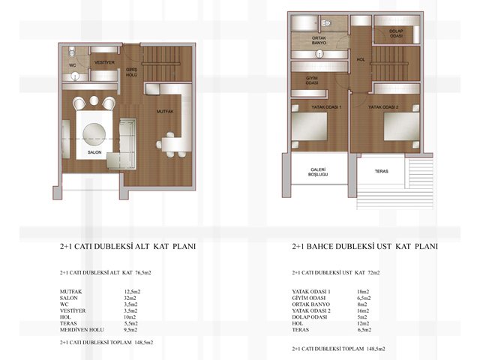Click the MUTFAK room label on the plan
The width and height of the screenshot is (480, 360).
tap(165, 112)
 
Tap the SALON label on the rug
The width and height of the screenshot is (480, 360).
tap(94, 152)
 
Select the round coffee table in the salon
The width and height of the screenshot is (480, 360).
tap(94, 134)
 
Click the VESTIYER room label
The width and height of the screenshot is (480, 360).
tap(104, 62)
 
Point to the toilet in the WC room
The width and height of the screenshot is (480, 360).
tap(72, 52)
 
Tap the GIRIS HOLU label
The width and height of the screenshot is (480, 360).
tap(132, 72)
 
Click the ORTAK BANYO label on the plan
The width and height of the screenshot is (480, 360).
tap(319, 40)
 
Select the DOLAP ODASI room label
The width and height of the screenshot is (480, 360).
tap(396, 33)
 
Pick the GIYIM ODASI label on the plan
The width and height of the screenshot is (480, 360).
tap(312, 80)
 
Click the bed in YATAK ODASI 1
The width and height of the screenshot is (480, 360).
tap(309, 127)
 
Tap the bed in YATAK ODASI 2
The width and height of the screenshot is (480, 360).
tap(402, 127)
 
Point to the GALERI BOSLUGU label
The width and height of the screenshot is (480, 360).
tap(318, 172)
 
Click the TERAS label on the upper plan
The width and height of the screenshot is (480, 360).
tap(382, 172)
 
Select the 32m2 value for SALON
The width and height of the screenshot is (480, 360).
tap(130, 298)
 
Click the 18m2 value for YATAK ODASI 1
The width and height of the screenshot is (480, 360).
tap(363, 292)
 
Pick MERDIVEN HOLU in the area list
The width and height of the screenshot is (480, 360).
tap(82, 330)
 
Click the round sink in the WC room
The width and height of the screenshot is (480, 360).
tap(75, 76)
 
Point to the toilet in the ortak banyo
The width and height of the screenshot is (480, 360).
tap(327, 23)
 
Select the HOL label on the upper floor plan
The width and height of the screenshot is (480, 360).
tap(361, 60)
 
